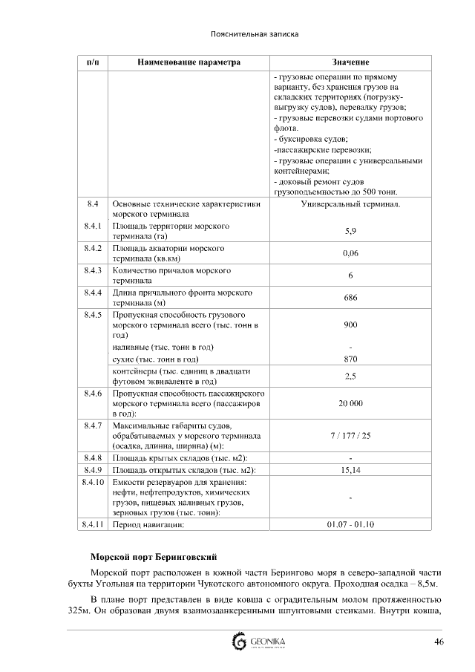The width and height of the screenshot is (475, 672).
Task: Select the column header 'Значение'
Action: click(350, 62)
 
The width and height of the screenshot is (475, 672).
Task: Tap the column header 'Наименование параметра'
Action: click(189, 62)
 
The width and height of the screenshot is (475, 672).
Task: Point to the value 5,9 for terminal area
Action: click(350, 231)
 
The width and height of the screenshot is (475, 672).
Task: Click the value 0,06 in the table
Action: click(350, 253)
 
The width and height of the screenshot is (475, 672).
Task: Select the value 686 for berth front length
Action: click(350, 298)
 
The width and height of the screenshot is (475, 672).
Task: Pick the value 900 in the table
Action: click(350, 325)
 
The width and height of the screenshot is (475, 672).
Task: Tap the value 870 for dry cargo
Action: click(350, 359)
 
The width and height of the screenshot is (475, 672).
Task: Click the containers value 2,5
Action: click(350, 376)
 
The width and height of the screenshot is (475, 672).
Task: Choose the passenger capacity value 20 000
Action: click(350, 403)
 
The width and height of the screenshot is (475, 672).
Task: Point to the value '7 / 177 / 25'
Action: click(350, 435)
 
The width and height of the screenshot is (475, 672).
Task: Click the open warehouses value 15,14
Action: click(350, 470)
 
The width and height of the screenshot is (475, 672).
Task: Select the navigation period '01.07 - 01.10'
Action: click(350, 524)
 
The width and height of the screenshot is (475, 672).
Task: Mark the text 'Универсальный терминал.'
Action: click(350, 203)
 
